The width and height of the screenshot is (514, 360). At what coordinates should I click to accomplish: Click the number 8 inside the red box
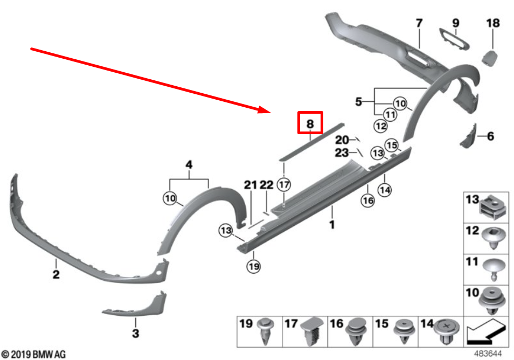[x=310, y=124]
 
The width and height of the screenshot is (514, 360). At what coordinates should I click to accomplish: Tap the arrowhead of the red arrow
[x=266, y=110]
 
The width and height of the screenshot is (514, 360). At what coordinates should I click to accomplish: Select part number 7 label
[x=419, y=23]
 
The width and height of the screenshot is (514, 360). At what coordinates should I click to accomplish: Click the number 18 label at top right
[x=492, y=23]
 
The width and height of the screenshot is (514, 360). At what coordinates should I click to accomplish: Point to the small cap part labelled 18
[x=490, y=58]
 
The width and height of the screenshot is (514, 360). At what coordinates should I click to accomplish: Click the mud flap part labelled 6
[x=469, y=136]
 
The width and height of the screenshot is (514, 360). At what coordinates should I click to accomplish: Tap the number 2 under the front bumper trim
[x=56, y=274]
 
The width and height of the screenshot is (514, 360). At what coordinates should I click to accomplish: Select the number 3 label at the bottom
[x=136, y=333]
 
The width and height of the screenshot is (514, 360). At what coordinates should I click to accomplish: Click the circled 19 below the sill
[x=254, y=266]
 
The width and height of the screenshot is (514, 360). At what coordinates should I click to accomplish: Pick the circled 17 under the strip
[x=284, y=185]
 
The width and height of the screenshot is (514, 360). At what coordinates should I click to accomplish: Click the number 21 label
[x=251, y=185]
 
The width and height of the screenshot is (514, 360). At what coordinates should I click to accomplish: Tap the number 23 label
[x=342, y=153]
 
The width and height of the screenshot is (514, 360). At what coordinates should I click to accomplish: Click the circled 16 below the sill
[x=367, y=200]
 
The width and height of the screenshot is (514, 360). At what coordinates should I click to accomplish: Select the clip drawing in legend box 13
[x=494, y=207]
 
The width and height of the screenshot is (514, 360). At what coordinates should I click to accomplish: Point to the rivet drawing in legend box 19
[x=266, y=330]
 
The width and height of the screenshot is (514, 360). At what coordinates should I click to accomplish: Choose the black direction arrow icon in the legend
[x=486, y=332]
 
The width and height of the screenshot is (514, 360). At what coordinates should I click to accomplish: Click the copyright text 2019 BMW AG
[x=33, y=355]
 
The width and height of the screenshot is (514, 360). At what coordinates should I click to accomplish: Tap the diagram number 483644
[x=488, y=354]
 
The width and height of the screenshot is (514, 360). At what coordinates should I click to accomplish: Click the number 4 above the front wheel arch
[x=189, y=164]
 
